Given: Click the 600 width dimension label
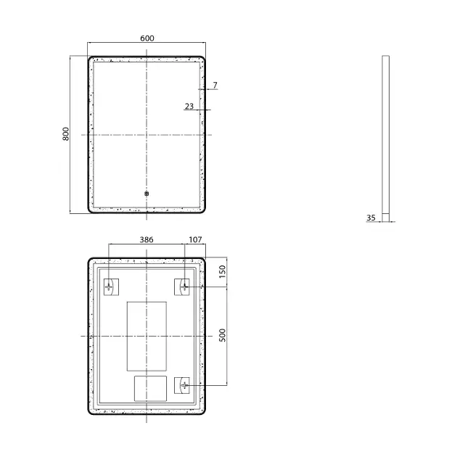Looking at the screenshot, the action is click(147, 38).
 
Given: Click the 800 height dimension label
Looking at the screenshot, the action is click(66, 134).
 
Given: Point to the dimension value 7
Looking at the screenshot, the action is click(215, 85).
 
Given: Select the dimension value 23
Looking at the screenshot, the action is click(189, 106).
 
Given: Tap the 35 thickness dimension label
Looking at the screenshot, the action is click(371, 218).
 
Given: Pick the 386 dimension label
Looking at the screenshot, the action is click(147, 239).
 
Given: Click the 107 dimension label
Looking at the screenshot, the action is click(195, 239).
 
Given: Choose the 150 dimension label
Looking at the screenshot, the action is click(222, 271).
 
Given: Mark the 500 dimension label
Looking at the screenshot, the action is click(222, 335).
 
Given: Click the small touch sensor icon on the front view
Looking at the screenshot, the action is click(147, 194).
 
